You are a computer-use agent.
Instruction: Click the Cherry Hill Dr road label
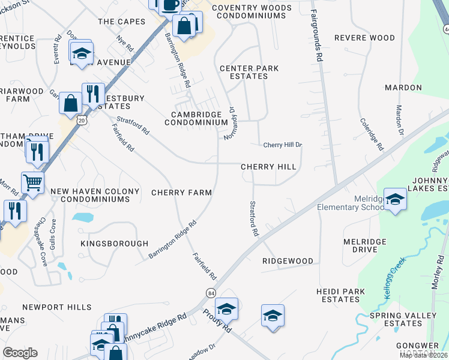pyautogui.click(x=282, y=145)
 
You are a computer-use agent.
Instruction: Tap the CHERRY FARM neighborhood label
pyautogui.click(x=181, y=193)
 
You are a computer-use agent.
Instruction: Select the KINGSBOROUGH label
pyautogui.click(x=115, y=244)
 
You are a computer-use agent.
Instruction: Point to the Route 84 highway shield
pyautogui.click(x=211, y=293)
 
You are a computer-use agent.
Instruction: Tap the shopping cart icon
pyautogui.click(x=32, y=181)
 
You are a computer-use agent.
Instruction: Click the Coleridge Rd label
pyautogui.click(x=372, y=134)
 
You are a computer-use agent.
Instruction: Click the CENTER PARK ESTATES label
pyautogui.click(x=249, y=72)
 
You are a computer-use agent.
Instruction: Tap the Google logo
pyautogui.click(x=20, y=353)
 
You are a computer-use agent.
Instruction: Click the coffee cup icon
pyautogui.click(x=170, y=5)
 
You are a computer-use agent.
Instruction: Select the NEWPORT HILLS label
pyautogui.click(x=62, y=307)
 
